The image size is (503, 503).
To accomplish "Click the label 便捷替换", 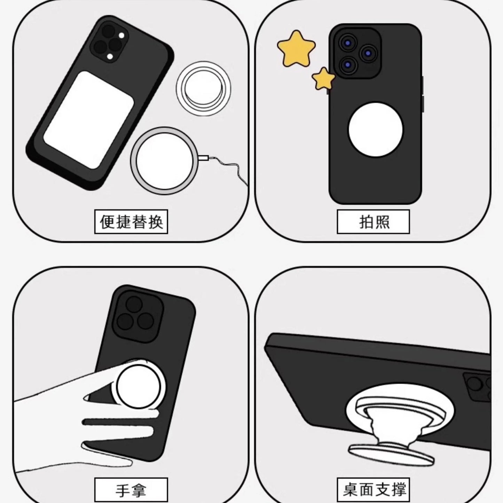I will pyautogui.click(x=131, y=222).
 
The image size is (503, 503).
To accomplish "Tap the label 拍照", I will pyautogui.click(x=373, y=222).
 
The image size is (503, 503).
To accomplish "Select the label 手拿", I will pyautogui.click(x=131, y=490).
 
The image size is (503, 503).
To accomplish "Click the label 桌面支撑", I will pyautogui.click(x=373, y=490).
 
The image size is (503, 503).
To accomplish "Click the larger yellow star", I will pyautogui.click(x=296, y=48).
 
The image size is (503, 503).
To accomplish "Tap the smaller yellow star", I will pyautogui.click(x=323, y=79).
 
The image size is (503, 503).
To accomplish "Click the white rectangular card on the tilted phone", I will pyautogui.click(x=89, y=120).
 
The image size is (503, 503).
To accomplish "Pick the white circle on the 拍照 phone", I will pyautogui.click(x=376, y=129).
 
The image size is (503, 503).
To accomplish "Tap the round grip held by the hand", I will pyautogui.click(x=139, y=387).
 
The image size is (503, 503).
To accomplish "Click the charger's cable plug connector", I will pyautogui.click(x=204, y=158).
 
